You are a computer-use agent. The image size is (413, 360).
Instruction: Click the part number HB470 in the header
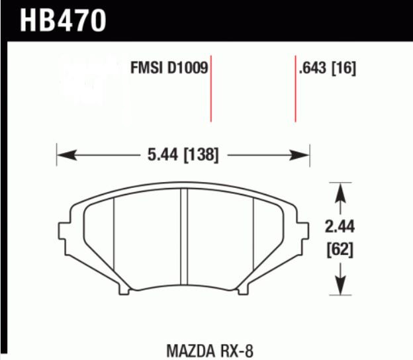(63, 20)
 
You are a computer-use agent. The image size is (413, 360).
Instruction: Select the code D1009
(187, 67)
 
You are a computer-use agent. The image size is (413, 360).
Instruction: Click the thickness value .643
(314, 67)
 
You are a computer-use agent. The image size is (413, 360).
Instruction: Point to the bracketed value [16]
(344, 67)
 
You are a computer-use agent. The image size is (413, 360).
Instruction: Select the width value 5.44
(159, 156)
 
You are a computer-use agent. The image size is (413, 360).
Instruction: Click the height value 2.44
(341, 228)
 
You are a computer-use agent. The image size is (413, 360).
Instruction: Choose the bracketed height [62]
(341, 250)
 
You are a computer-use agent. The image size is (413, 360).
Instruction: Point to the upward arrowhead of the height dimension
(341, 191)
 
